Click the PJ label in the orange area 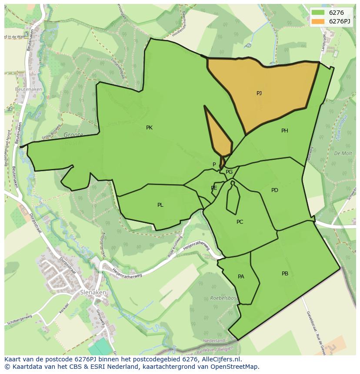click(259, 93)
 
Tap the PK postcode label click(149, 128)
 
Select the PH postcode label click(285, 131)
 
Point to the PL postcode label click(160, 205)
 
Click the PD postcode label click(275, 190)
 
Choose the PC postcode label click(240, 222)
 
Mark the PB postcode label click(285, 274)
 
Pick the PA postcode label click(241, 277)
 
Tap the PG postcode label click(229, 172)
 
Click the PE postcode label click(214, 188)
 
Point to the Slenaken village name click(93, 293)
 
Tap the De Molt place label click(343, 153)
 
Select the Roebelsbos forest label click(224, 298)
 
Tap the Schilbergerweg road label click(20, 320)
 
